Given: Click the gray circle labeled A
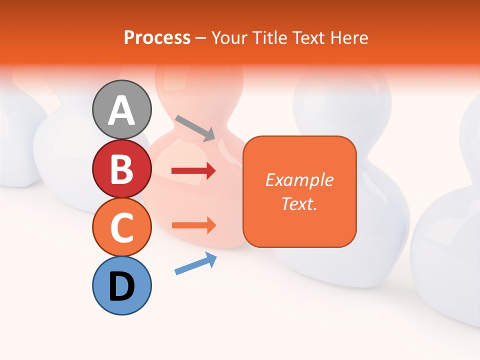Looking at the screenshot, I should pyautogui.click(x=122, y=109).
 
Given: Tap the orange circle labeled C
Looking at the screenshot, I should pyautogui.click(x=122, y=227).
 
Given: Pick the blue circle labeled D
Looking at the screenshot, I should pyautogui.click(x=122, y=285).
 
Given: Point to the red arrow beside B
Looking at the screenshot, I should pyautogui.click(x=193, y=171).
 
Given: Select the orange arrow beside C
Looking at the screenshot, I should pyautogui.click(x=193, y=225).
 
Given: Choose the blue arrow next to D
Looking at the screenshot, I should pyautogui.click(x=195, y=263).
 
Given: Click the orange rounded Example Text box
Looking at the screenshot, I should pyautogui.click(x=299, y=191).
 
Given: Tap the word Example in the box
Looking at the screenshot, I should pyautogui.click(x=299, y=180).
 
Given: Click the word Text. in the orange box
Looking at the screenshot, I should pyautogui.click(x=299, y=203).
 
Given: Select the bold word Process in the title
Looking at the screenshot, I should pyautogui.click(x=157, y=38).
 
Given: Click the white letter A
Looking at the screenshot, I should pyautogui.click(x=122, y=110).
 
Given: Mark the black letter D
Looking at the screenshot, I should pyautogui.click(x=122, y=286).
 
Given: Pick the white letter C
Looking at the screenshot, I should pyautogui.click(x=122, y=228).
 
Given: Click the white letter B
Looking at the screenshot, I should pyautogui.click(x=122, y=169).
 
